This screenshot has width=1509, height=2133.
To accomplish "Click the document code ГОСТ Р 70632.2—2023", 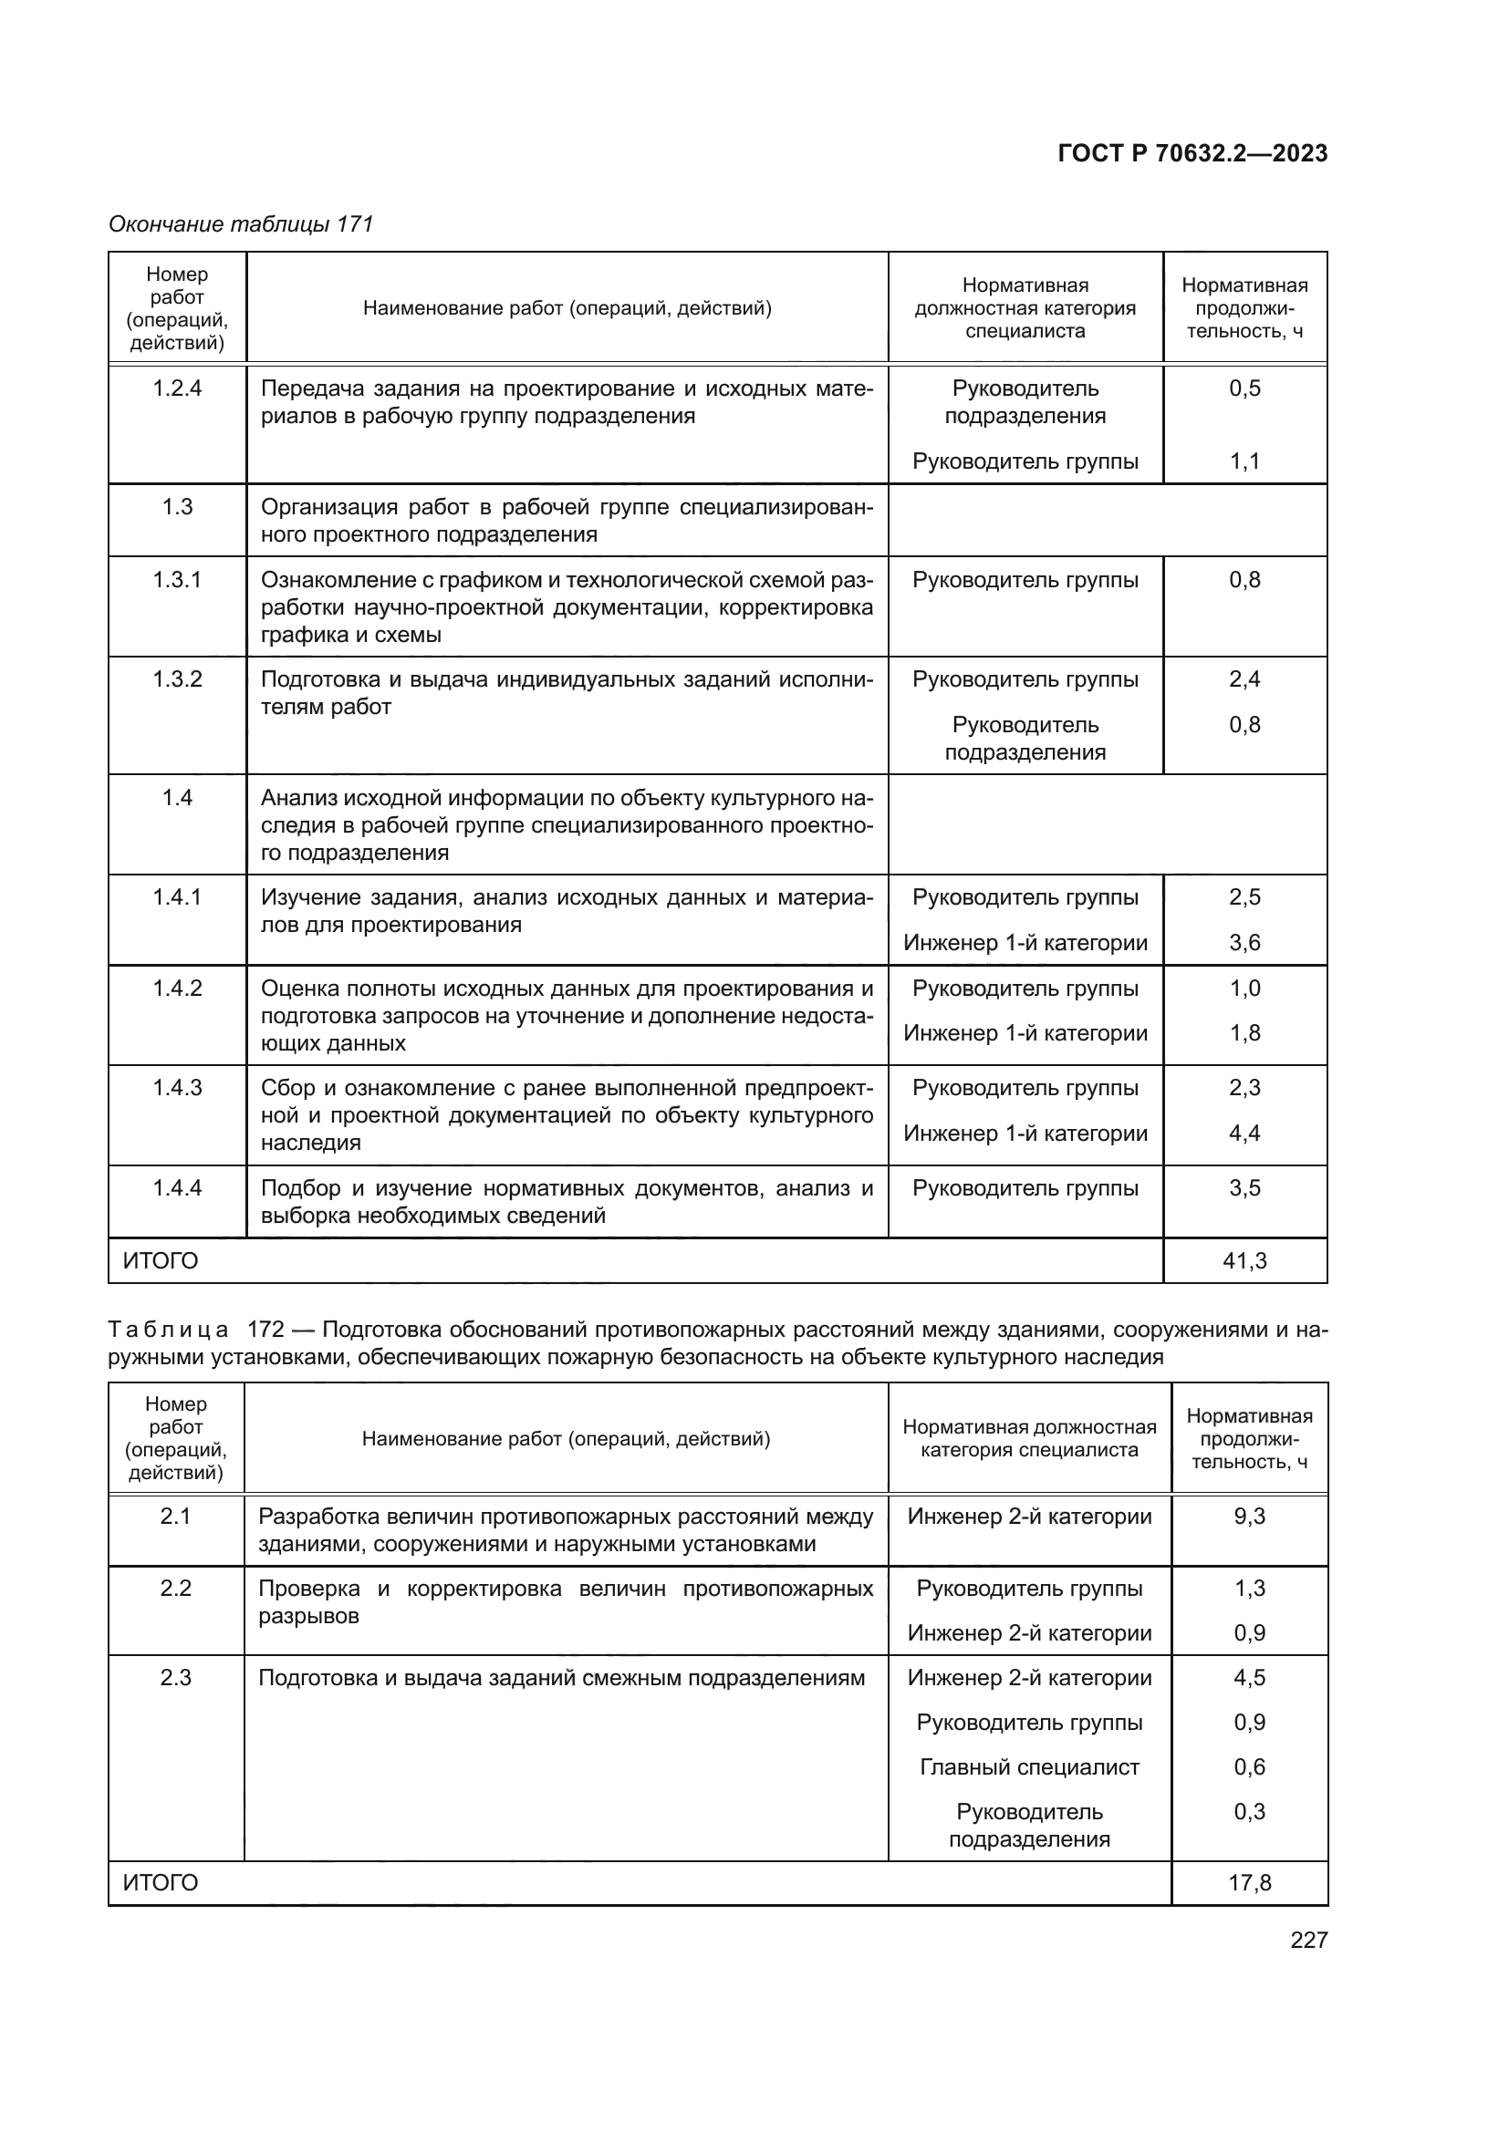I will [x=1192, y=153].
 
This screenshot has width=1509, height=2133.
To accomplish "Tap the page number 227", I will [x=1308, y=1940].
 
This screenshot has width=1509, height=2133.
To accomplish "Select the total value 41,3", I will [x=1244, y=1260].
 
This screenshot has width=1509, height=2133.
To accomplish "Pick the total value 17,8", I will [x=1249, y=1883].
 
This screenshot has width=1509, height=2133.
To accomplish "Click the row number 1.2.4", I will [x=177, y=388].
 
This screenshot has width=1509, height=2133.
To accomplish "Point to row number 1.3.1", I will [x=177, y=580].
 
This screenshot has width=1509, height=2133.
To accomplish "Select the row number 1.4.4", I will [x=177, y=1187].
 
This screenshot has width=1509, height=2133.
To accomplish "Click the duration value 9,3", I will [x=1249, y=1517].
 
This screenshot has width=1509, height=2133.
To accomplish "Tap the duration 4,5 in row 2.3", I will [x=1249, y=1678].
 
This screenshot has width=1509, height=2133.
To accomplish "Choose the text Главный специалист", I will [x=1028, y=1767].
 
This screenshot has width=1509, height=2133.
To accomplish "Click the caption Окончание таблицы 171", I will [x=241, y=224].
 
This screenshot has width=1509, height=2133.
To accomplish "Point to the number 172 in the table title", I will [x=265, y=1330].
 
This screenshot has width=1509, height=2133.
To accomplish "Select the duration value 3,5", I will [x=1244, y=1187].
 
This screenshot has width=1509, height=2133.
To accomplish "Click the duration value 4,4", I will [x=1244, y=1134].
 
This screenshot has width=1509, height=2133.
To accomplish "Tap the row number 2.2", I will [x=174, y=1589].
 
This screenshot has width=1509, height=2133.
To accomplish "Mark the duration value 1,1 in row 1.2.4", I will [x=1244, y=461].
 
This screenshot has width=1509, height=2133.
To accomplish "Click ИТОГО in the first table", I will [x=161, y=1260].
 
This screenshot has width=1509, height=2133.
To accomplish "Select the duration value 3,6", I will [x=1244, y=943].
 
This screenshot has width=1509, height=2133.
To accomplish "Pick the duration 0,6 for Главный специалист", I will [x=1249, y=1767].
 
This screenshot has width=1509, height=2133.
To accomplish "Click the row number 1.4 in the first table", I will [x=177, y=797].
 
